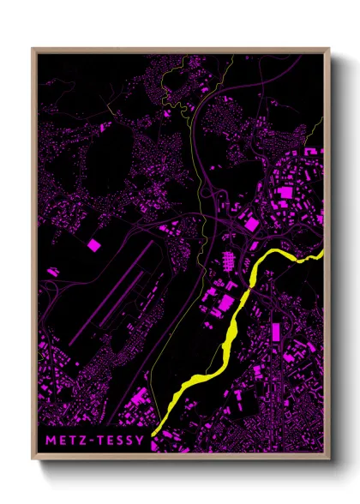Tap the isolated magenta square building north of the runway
[93, 245]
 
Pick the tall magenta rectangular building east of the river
[274, 333]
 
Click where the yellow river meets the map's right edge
[324, 252]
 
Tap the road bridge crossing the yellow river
[255, 274]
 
